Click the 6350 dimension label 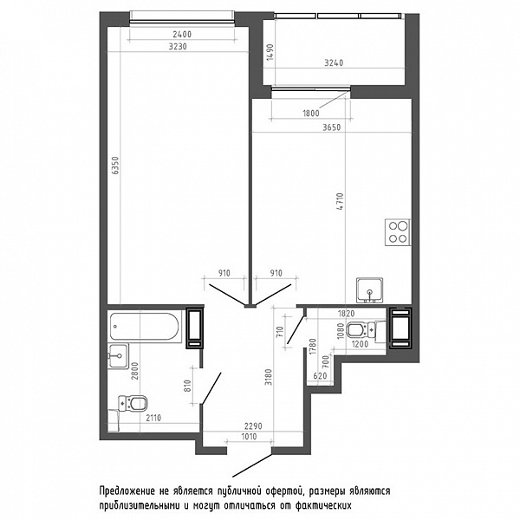(x=115, y=166)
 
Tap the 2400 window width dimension (x=182, y=34)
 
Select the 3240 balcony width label (x=334, y=62)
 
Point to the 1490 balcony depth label (x=270, y=52)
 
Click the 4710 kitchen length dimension (x=341, y=201)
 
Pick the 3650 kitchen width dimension (x=332, y=127)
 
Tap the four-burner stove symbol (x=397, y=232)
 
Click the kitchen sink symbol (x=369, y=290)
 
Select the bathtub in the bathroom (x=145, y=327)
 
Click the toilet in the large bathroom (x=133, y=404)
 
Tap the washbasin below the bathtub (x=118, y=356)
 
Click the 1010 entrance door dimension (x=249, y=437)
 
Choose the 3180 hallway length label (x=269, y=377)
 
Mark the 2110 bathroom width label (x=153, y=418)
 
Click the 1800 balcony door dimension (x=311, y=114)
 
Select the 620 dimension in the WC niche (x=320, y=376)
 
